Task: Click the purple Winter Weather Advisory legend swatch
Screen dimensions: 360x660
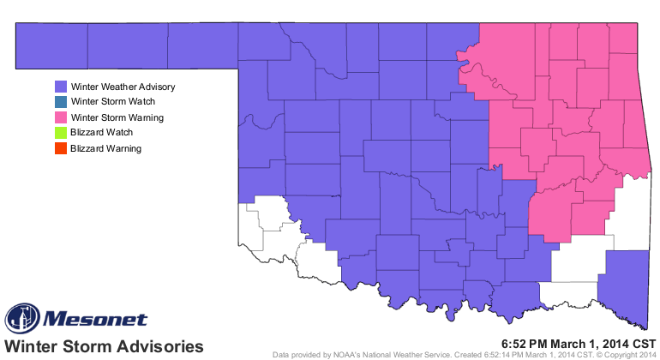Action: [x=61, y=87]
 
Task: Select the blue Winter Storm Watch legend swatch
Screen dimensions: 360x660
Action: [x=61, y=102]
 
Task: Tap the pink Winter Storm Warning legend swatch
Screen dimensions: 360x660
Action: [x=61, y=117]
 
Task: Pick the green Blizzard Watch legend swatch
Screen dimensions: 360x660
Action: [x=61, y=133]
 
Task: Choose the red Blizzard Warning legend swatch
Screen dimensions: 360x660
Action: [x=61, y=148]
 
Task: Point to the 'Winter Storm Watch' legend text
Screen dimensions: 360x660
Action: [x=111, y=102]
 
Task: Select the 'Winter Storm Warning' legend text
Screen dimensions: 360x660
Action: [x=117, y=117]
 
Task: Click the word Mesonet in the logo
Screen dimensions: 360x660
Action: [x=94, y=320]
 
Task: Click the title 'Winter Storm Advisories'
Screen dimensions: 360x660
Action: [x=105, y=345]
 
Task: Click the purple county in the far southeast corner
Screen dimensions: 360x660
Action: [x=624, y=287]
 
